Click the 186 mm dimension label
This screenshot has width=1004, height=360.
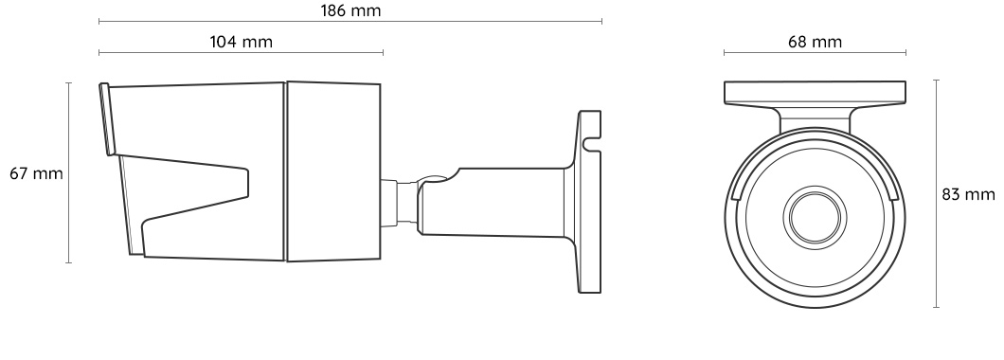(x=350, y=9)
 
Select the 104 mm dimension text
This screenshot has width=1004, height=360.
(x=241, y=42)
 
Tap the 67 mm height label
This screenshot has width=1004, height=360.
(x=35, y=174)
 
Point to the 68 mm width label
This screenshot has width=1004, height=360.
(x=815, y=42)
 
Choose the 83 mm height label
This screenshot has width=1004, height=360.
(x=968, y=193)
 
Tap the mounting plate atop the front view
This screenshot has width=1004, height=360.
(x=815, y=92)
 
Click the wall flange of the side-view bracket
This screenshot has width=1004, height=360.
(x=588, y=204)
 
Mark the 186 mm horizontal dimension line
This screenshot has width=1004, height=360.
(x=350, y=21)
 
